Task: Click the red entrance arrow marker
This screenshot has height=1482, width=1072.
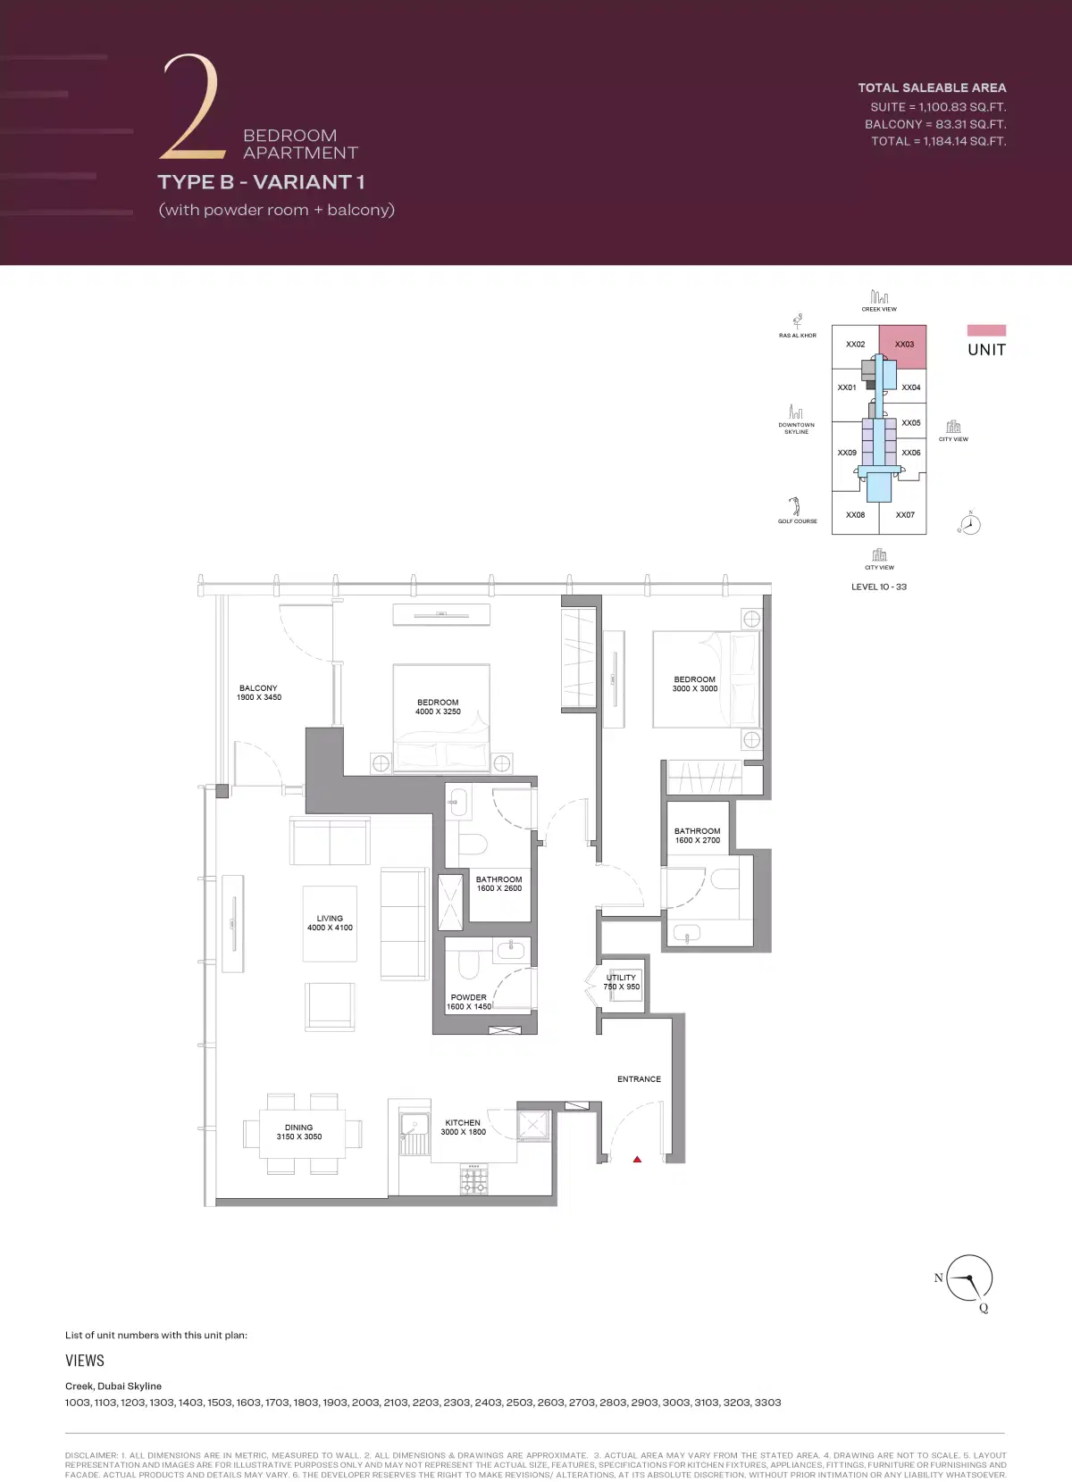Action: pyautogui.click(x=637, y=1160)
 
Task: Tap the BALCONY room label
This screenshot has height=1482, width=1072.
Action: pyautogui.click(x=258, y=693)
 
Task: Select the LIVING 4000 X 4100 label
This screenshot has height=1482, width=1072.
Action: pyautogui.click(x=330, y=923)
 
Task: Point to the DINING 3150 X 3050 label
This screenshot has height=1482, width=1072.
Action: pyautogui.click(x=299, y=1132)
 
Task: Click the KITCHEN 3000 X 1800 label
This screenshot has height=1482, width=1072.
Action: pyautogui.click(x=463, y=1128)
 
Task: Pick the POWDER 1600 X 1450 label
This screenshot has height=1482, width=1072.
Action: pyautogui.click(x=469, y=1002)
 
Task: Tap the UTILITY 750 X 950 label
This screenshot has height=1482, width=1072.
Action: pyautogui.click(x=621, y=982)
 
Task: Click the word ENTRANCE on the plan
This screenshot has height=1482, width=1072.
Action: pyautogui.click(x=639, y=1079)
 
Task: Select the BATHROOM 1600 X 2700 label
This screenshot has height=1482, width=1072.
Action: pyautogui.click(x=697, y=836)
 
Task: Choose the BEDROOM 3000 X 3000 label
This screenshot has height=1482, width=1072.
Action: pyautogui.click(x=695, y=684)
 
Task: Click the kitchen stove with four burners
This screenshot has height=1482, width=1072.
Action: pyautogui.click(x=474, y=1179)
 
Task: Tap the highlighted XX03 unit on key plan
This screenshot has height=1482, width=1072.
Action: pyautogui.click(x=903, y=346)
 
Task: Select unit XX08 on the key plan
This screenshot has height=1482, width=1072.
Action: pyautogui.click(x=855, y=515)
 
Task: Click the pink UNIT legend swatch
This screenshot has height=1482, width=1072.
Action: pyautogui.click(x=986, y=330)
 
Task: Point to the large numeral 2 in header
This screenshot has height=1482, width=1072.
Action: pyautogui.click(x=190, y=107)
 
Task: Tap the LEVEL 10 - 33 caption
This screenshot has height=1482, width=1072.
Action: pyautogui.click(x=879, y=587)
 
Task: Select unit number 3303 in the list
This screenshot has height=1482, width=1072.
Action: pyautogui.click(x=767, y=1403)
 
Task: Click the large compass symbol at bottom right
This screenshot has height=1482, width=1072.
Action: pyautogui.click(x=968, y=1279)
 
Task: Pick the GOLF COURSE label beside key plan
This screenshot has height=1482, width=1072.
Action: pyautogui.click(x=797, y=521)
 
